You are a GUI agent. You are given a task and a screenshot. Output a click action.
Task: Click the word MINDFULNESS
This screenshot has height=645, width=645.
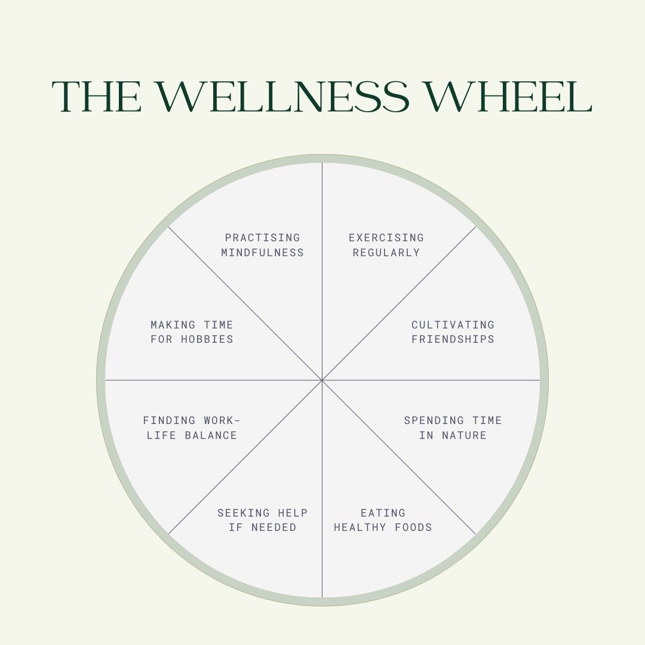(263, 253)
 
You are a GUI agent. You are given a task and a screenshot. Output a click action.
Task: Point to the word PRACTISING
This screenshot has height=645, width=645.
(263, 238)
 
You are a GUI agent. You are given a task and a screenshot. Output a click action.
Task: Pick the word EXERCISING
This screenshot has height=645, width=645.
(386, 238)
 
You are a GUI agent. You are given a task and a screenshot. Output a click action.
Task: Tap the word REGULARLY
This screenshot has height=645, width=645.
(386, 253)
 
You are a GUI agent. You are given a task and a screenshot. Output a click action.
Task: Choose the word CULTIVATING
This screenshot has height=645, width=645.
(453, 325)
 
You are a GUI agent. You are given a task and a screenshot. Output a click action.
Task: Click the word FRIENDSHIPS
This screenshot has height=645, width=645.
(453, 339)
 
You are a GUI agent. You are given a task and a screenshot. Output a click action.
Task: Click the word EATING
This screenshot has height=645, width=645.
(383, 512)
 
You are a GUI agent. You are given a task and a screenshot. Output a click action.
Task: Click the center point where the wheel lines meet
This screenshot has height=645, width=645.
(322, 380)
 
